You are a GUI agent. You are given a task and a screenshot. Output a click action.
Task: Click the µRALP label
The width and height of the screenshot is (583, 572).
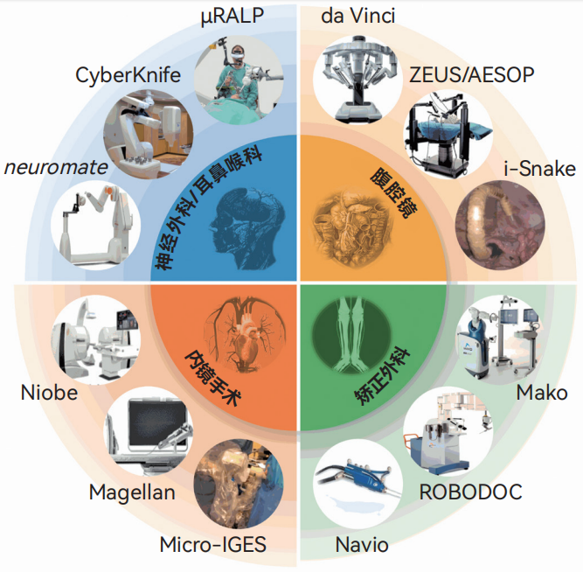(x=233, y=17)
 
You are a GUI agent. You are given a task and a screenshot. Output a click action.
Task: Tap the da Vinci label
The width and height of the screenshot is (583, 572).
(x=357, y=17)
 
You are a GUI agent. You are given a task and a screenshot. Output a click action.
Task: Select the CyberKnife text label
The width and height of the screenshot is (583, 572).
(x=128, y=75)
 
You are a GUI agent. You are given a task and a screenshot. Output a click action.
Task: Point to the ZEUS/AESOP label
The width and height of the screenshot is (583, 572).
(x=471, y=75)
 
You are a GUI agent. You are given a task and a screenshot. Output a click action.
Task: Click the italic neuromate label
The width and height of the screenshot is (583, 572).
(x=56, y=167)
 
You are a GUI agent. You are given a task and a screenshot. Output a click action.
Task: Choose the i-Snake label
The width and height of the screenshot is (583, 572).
(x=539, y=169)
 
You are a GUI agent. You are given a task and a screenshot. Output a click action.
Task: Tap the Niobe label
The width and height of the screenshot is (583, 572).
(x=49, y=393)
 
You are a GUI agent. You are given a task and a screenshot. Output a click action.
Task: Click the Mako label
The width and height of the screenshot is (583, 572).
(x=542, y=393)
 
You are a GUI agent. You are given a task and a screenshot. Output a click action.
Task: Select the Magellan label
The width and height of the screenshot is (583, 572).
(x=132, y=493)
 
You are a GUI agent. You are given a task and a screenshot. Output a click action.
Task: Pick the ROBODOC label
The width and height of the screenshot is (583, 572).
(x=470, y=492)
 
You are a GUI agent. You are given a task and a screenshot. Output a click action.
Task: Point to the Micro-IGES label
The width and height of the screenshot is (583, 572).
(x=212, y=545)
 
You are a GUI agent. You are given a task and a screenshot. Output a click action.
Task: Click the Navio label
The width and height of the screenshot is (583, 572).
(x=362, y=545)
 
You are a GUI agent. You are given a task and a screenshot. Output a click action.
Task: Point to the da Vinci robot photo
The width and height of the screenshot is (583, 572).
(x=357, y=79)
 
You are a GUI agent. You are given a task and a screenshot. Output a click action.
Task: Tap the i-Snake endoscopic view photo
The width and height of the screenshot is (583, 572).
(x=500, y=225)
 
